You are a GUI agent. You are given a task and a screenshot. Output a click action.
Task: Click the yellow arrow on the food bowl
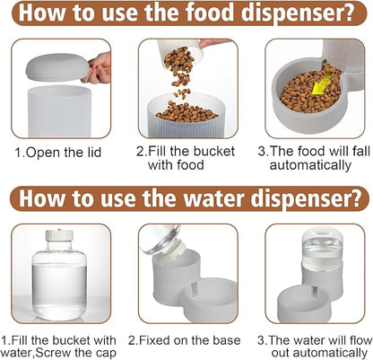[321, 83]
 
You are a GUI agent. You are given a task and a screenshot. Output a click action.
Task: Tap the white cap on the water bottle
[59, 235]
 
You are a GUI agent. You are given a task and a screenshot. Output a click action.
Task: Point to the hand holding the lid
[99, 67]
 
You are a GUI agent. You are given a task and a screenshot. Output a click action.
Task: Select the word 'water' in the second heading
[214, 198]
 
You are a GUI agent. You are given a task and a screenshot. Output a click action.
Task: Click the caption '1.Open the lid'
[58, 153]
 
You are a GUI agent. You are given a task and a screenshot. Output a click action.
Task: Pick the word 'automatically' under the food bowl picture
[310, 165]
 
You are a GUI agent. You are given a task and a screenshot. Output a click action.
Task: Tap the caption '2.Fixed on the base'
[185, 340]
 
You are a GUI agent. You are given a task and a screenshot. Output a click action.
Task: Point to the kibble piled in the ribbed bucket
[186, 111]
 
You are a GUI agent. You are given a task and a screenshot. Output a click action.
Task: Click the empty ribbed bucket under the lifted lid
[59, 111]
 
